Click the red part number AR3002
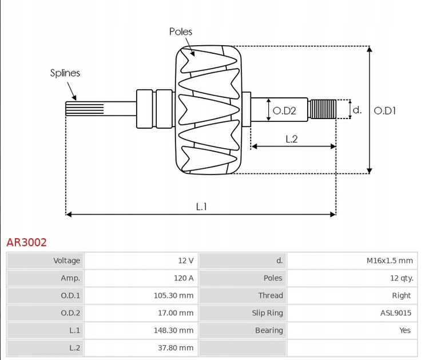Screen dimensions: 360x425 (x=26, y=242)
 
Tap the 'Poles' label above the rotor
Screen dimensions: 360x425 (x=181, y=31)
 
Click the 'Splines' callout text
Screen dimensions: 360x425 (x=65, y=73)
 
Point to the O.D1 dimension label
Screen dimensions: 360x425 (x=385, y=110)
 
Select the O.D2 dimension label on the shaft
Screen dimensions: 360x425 (x=284, y=110)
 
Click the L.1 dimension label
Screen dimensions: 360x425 (x=201, y=207)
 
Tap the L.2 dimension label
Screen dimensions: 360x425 (x=291, y=139)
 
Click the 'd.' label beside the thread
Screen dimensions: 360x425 (x=357, y=109)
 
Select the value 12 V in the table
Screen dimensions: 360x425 (x=185, y=260)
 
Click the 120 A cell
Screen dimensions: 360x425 (x=184, y=278)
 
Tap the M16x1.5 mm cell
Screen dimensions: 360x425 (x=389, y=260)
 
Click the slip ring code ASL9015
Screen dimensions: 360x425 (x=395, y=313)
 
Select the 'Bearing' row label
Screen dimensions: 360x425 (x=268, y=330)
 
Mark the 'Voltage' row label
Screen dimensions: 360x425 (x=66, y=260)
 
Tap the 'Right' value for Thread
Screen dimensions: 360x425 (x=401, y=295)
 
